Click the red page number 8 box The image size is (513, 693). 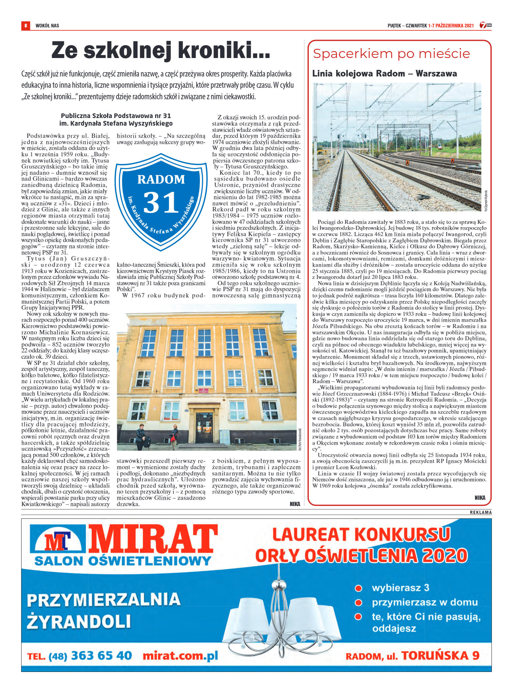[x=25, y=25]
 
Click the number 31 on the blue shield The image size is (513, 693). [x=161, y=202]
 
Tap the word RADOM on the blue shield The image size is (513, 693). [x=161, y=179]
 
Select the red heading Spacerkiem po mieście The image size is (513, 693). [x=391, y=53]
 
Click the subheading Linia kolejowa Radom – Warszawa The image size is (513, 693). [x=384, y=73]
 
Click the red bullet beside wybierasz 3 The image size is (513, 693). [x=358, y=588]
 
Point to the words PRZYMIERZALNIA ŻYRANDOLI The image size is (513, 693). [x=103, y=611]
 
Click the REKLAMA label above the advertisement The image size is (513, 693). [x=480, y=512]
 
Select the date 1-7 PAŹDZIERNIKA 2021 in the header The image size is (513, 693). [x=451, y=25]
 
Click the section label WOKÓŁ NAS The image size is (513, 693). [x=47, y=25]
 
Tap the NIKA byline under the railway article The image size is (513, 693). [x=480, y=497]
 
